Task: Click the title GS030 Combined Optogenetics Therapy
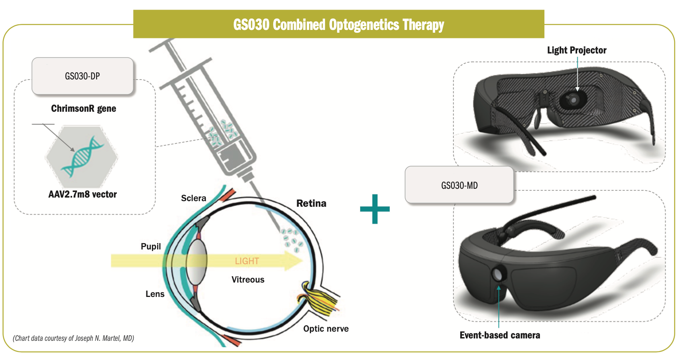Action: pyautogui.click(x=339, y=25)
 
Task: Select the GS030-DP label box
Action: pyautogui.click(x=83, y=76)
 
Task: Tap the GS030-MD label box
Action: pyautogui.click(x=459, y=185)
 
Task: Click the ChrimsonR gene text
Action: pyautogui.click(x=83, y=109)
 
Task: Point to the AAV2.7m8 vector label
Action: pyautogui.click(x=83, y=194)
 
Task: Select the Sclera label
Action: pyautogui.click(x=193, y=198)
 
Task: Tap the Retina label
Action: pyautogui.click(x=311, y=204)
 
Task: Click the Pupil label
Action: pyautogui.click(x=151, y=247)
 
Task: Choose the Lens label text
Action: pyautogui.click(x=155, y=294)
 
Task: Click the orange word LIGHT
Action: pyautogui.click(x=247, y=261)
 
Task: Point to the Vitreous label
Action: pyautogui.click(x=248, y=280)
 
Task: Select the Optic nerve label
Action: pyautogui.click(x=326, y=329)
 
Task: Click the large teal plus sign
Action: pyautogui.click(x=375, y=209)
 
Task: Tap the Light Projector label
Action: pyautogui.click(x=576, y=50)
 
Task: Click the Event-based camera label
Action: pyautogui.click(x=500, y=335)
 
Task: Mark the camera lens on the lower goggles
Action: pyautogui.click(x=498, y=274)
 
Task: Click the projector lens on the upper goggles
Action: pyautogui.click(x=574, y=99)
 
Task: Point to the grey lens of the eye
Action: pyautogui.click(x=197, y=261)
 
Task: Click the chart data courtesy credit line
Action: pyautogui.click(x=73, y=338)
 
